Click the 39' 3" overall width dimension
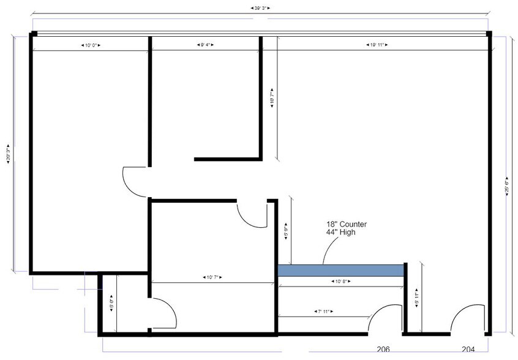(261, 9)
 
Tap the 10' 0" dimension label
(91, 45)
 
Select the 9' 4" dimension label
(206, 45)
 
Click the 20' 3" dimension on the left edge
(7, 152)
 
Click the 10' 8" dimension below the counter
(341, 282)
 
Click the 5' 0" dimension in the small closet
(111, 305)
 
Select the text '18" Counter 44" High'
(347, 228)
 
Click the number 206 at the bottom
(383, 350)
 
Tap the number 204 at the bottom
(468, 350)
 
